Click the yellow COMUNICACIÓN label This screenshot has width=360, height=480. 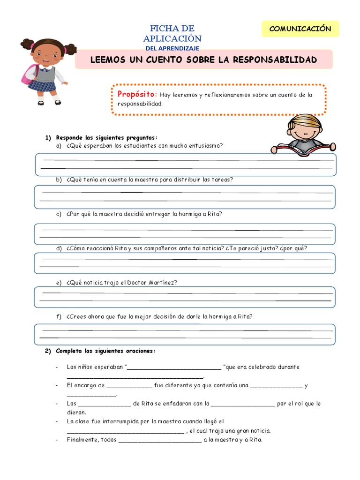(300, 29)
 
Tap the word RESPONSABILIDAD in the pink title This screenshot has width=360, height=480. (275, 60)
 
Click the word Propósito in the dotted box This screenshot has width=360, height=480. (137, 94)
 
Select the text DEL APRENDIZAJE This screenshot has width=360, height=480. (172, 48)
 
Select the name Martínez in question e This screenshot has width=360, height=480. (163, 283)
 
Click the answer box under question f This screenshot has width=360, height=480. (184, 334)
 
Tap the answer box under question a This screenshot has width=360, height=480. (184, 164)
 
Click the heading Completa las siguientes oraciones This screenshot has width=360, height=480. (105, 351)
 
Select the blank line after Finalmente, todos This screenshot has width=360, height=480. (160, 441)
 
